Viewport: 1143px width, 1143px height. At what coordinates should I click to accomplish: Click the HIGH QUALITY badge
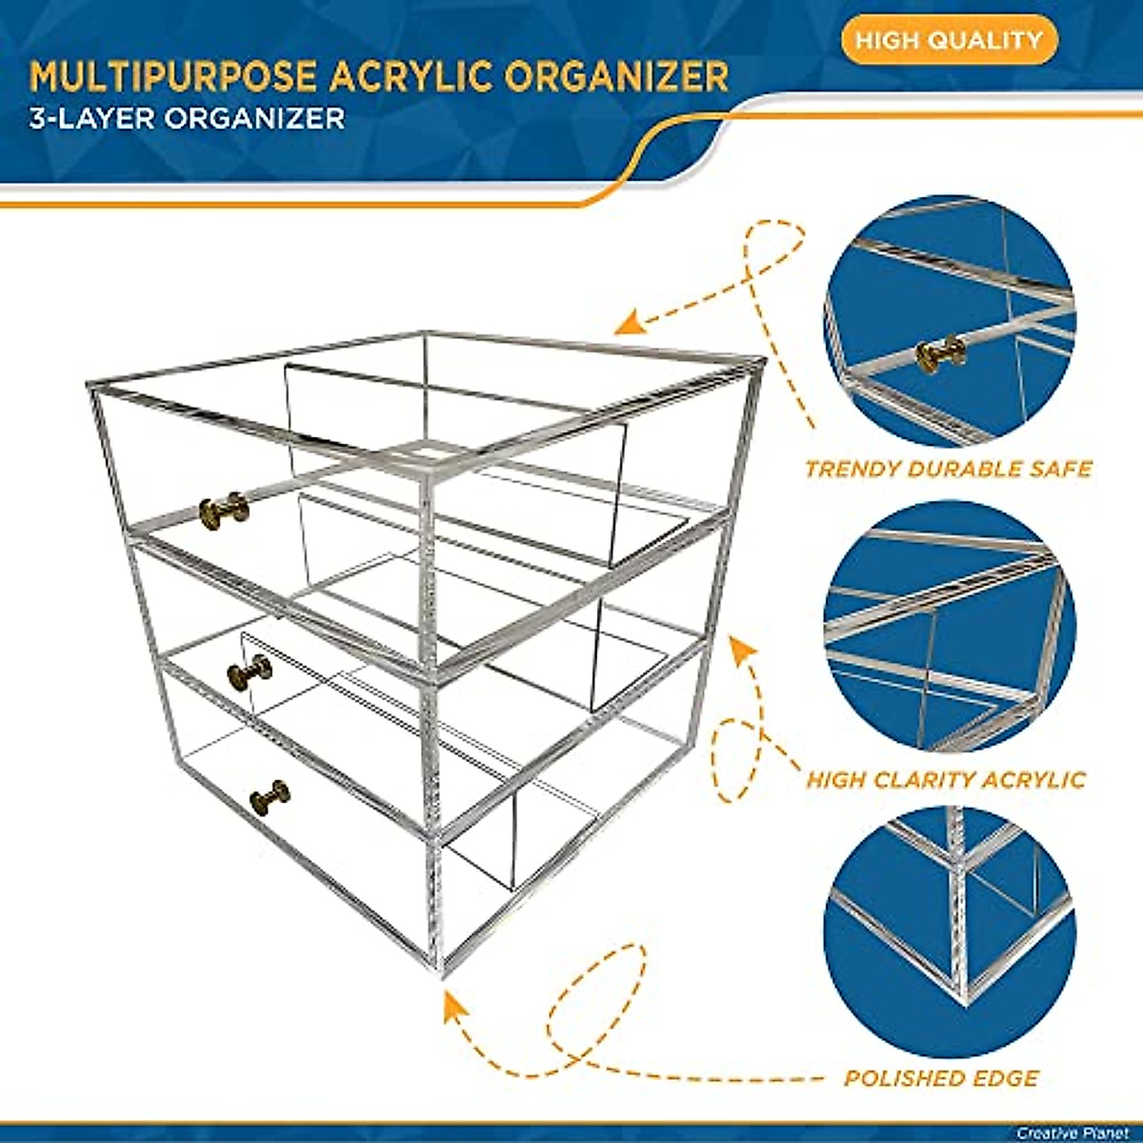click(x=949, y=41)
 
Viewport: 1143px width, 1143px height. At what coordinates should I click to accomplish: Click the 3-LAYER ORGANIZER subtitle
click(x=187, y=118)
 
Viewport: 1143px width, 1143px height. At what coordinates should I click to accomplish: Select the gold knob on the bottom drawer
click(x=271, y=797)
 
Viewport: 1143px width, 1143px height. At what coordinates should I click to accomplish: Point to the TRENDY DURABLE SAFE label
click(x=948, y=469)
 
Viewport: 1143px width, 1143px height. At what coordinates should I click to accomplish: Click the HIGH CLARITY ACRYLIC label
click(x=946, y=780)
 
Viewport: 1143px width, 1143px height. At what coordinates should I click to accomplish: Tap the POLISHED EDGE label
click(x=941, y=1078)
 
